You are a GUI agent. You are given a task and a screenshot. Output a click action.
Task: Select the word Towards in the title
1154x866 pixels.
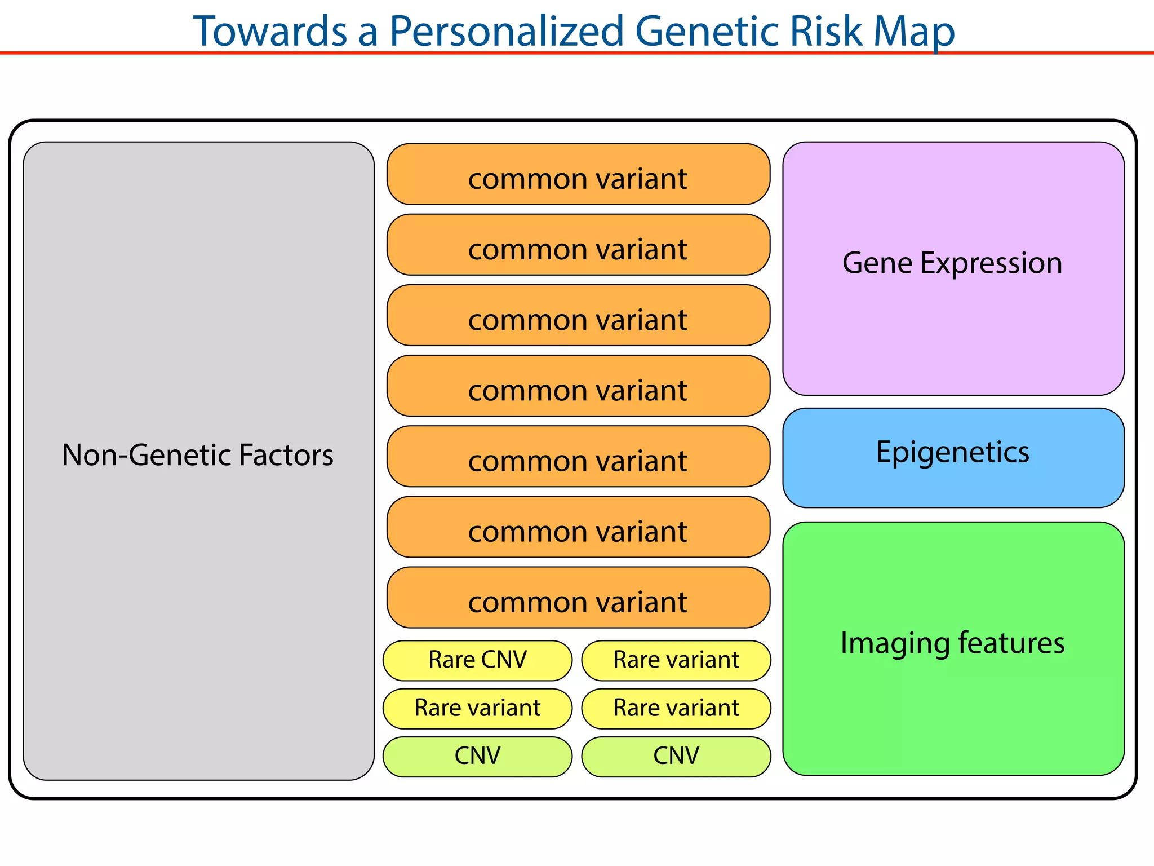[x=270, y=31]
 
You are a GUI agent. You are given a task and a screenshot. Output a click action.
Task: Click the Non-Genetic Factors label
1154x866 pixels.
[x=198, y=455]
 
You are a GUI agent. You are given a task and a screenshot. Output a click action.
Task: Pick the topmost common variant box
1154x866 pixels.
[x=578, y=174]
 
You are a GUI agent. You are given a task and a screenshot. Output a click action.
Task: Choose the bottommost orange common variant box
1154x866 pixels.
[x=578, y=598]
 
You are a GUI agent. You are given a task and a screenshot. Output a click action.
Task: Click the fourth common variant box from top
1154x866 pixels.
[x=578, y=386]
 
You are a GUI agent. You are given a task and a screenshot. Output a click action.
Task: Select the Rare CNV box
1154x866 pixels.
[x=477, y=660]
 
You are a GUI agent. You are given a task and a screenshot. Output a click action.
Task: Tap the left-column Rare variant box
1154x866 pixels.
[x=477, y=708]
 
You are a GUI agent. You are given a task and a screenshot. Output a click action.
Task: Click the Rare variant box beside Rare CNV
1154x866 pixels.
[x=676, y=660]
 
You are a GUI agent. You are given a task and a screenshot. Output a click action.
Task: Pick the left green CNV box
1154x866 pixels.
[x=477, y=757]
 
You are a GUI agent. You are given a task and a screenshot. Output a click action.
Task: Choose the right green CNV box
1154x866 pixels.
[x=676, y=757]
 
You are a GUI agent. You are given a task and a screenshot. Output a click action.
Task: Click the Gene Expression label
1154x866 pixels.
[x=952, y=263]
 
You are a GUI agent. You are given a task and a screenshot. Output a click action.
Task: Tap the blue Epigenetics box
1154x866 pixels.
[x=953, y=458]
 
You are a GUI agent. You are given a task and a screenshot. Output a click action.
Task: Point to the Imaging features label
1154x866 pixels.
[x=952, y=643]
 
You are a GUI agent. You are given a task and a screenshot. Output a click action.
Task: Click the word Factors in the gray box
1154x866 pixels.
[x=286, y=455]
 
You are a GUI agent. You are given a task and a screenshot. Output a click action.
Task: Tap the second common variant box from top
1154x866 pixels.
[x=578, y=245]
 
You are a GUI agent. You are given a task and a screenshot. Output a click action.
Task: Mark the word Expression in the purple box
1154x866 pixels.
[x=991, y=263]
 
